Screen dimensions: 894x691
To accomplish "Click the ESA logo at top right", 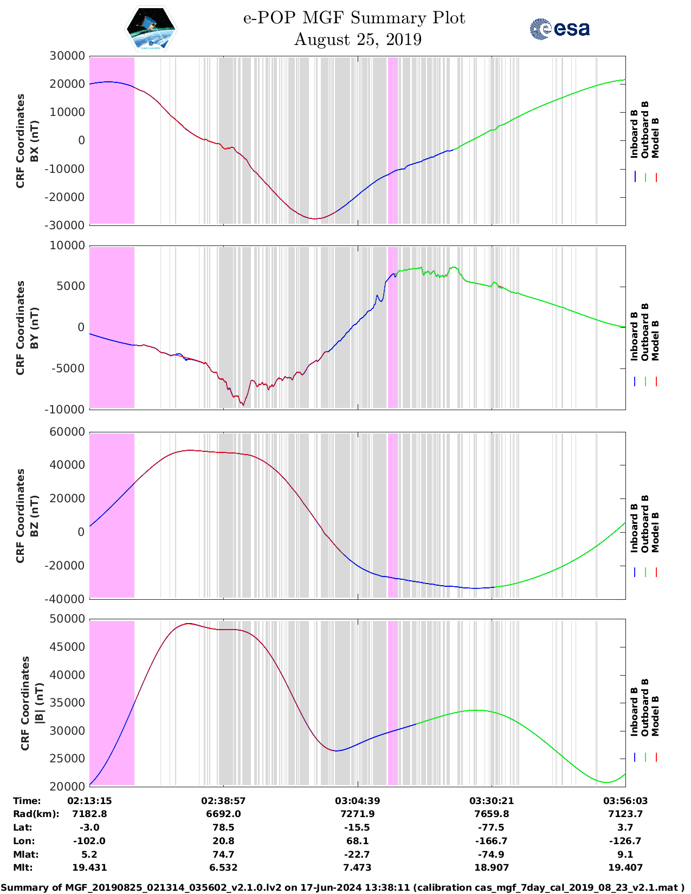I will pyautogui.click(x=560, y=29).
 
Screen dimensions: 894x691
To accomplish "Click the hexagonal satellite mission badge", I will pyautogui.click(x=151, y=29).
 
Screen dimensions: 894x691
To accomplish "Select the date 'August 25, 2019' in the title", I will pyautogui.click(x=358, y=40).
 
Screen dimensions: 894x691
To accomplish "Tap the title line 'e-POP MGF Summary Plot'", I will pyautogui.click(x=354, y=18).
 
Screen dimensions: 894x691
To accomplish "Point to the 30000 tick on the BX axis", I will pyautogui.click(x=67, y=56).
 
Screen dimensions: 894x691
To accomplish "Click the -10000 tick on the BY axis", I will pyautogui.click(x=66, y=410).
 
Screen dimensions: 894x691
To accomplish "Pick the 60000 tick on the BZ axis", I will pyautogui.click(x=67, y=432).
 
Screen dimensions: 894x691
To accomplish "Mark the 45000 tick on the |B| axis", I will pyautogui.click(x=67, y=647).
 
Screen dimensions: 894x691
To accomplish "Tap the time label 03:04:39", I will pyautogui.click(x=357, y=801).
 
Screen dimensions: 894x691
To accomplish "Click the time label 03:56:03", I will pyautogui.click(x=625, y=801).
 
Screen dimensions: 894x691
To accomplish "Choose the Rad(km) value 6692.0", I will pyautogui.click(x=223, y=814).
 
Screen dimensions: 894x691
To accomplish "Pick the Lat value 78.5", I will pyautogui.click(x=223, y=827).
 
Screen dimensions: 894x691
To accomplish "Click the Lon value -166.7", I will pyautogui.click(x=491, y=841).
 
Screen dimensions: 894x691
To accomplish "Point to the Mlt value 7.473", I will pyautogui.click(x=357, y=867).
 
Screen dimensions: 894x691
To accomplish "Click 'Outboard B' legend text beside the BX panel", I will pyautogui.click(x=645, y=130).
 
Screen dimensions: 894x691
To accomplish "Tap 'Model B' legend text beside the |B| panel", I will pyautogui.click(x=655, y=716).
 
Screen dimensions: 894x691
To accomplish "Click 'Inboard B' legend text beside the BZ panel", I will pyautogui.click(x=635, y=528).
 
